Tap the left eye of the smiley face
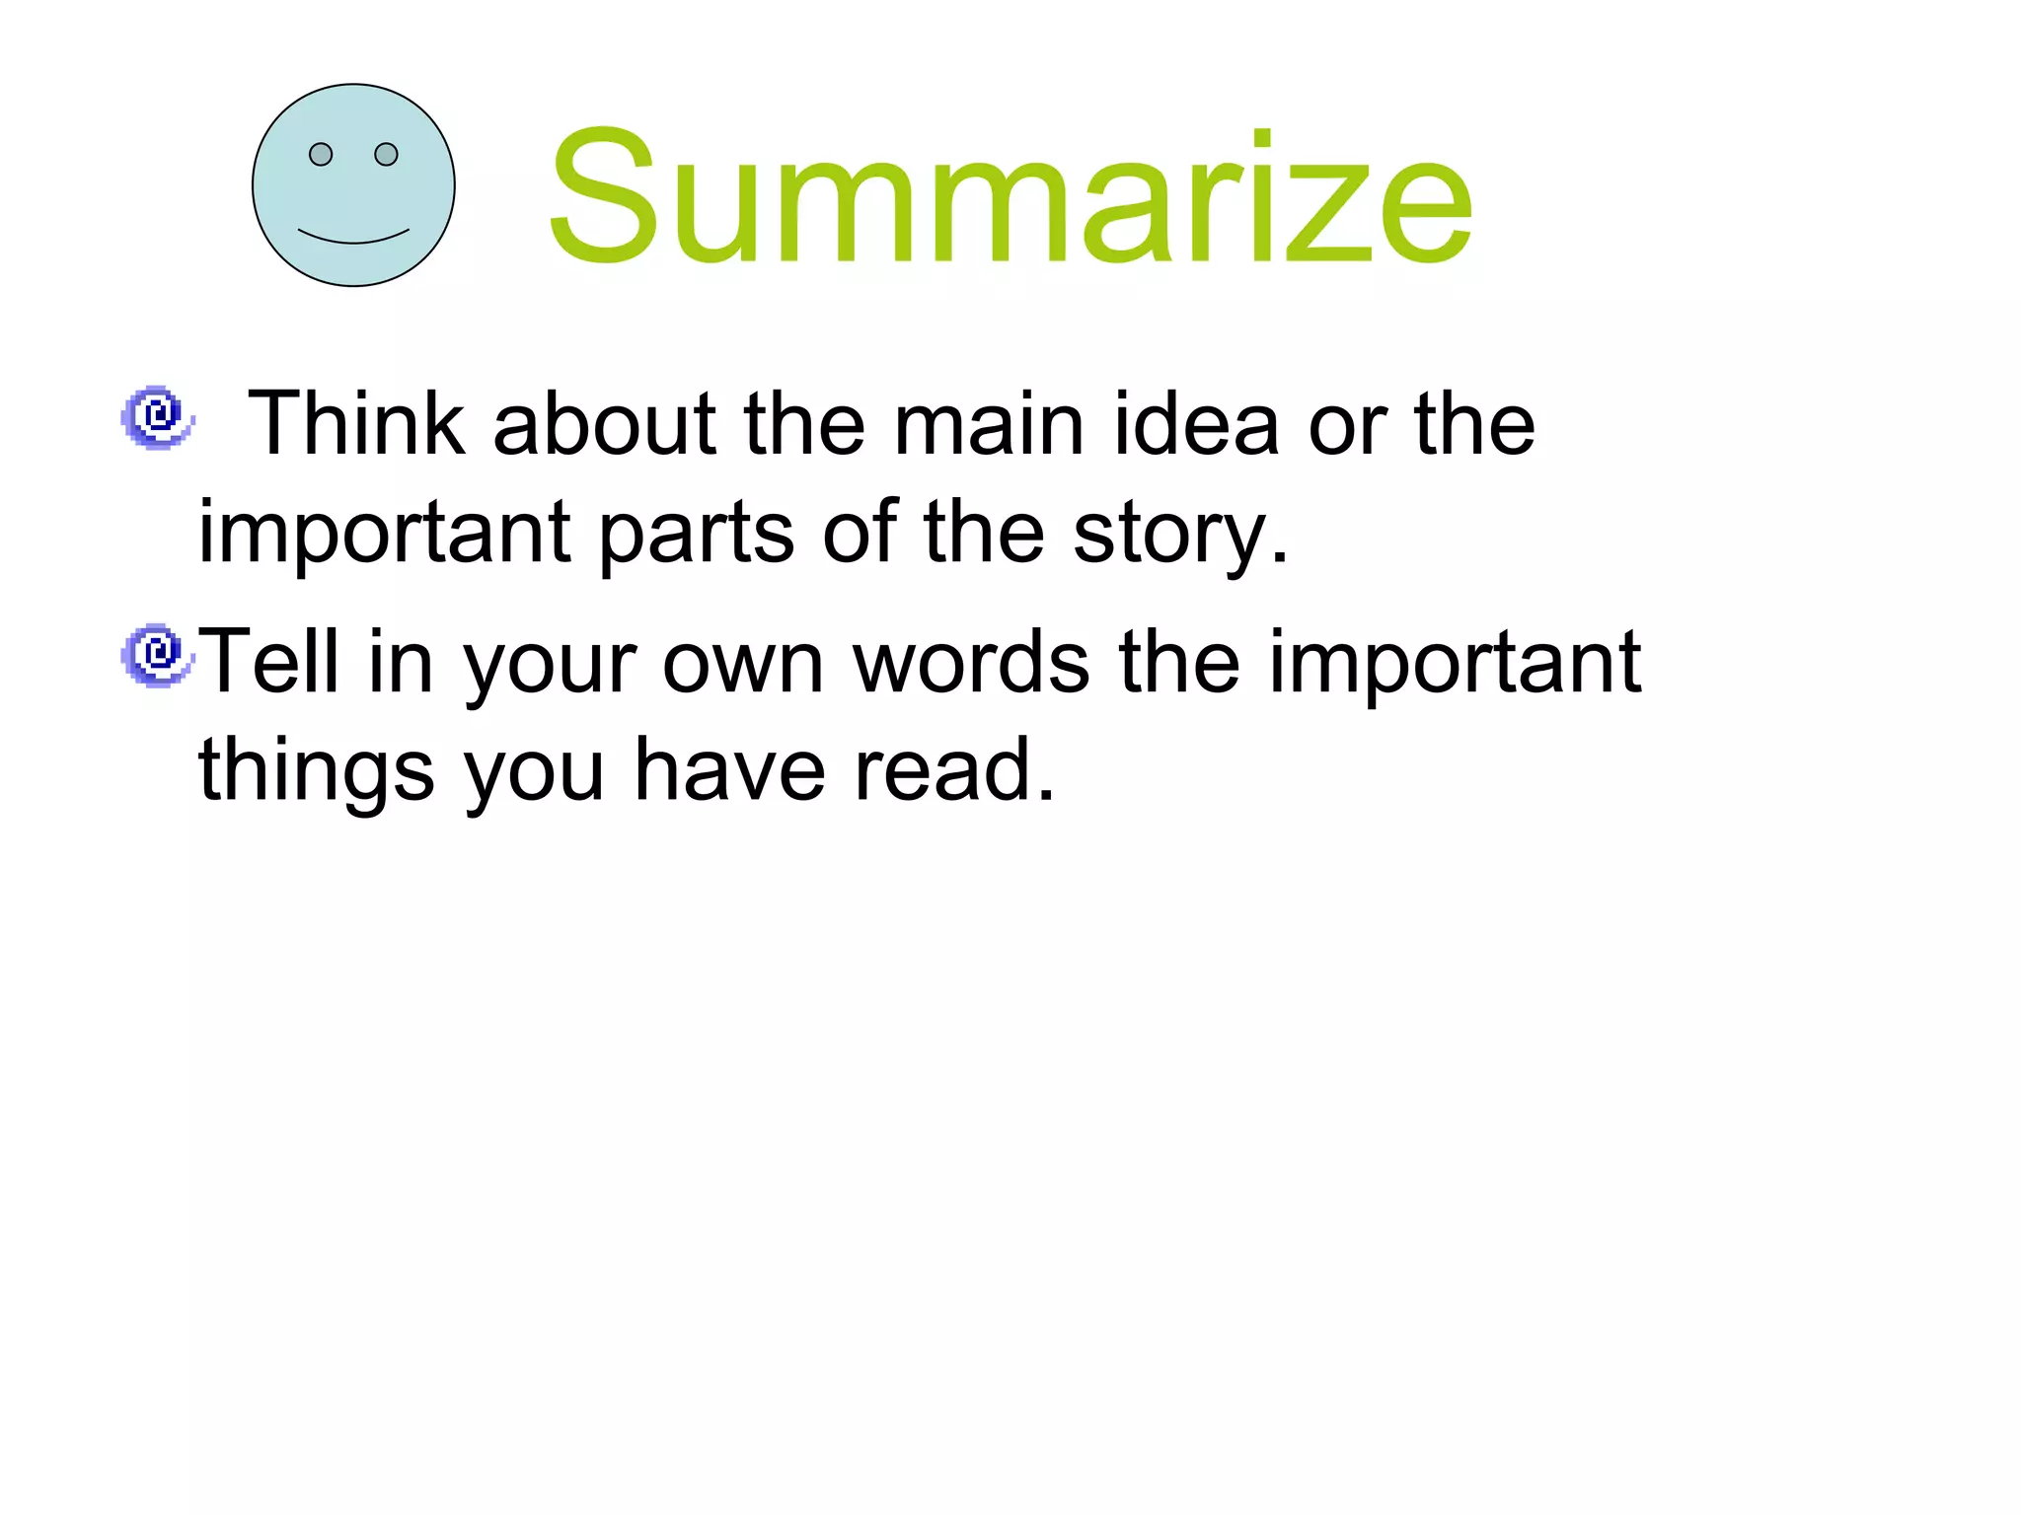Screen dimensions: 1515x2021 pos(321,155)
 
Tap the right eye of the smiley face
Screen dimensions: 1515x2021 pos(386,155)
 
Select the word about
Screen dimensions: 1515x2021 pos(604,424)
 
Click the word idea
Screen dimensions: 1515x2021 pos(1196,424)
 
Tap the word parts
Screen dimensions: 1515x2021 pos(697,534)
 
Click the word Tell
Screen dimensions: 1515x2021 pos(269,662)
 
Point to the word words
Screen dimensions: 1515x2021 pos(971,662)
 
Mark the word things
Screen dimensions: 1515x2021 pos(316,771)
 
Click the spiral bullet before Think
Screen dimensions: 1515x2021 pos(156,417)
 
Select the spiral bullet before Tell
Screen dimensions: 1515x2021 pos(156,655)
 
